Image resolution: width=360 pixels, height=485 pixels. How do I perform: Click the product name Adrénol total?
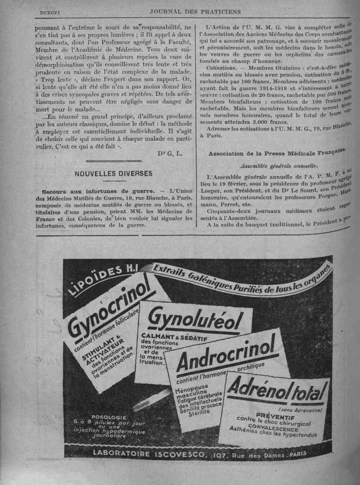click(x=277, y=389)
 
